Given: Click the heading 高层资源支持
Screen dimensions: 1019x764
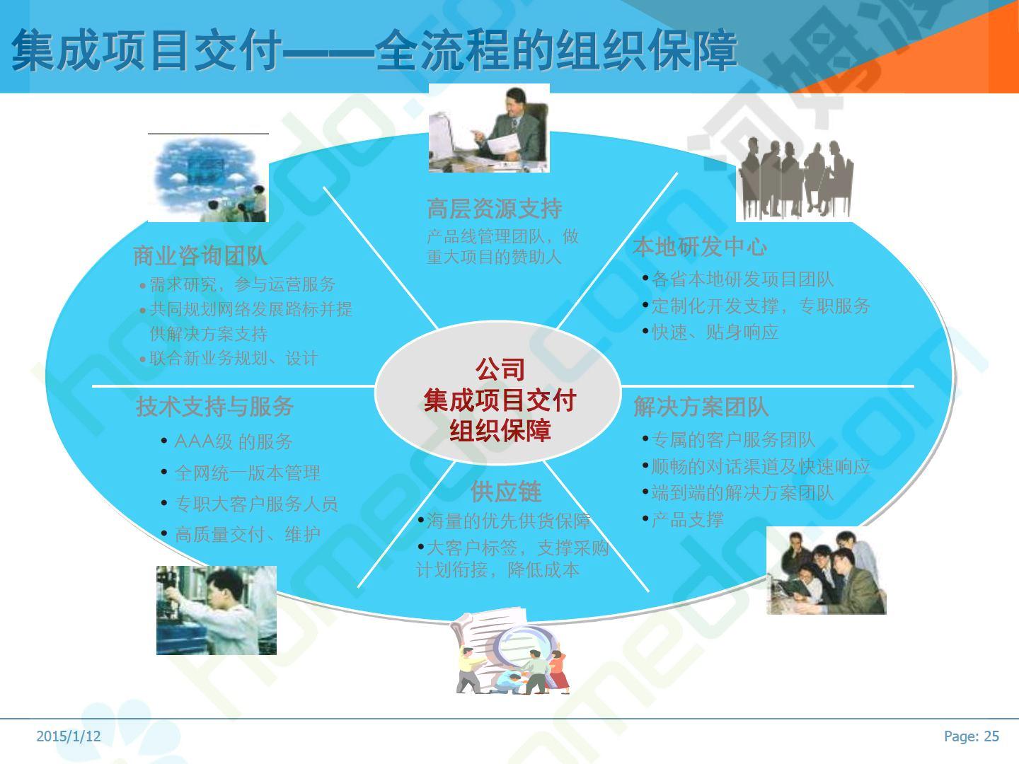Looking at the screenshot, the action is (495, 209).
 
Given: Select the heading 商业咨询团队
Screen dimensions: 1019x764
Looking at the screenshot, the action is (200, 255).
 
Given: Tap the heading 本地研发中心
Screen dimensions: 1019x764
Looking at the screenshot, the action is (700, 246).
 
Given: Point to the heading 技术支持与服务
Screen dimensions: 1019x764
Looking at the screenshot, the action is (214, 406).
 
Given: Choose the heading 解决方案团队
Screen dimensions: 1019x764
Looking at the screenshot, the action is (701, 407).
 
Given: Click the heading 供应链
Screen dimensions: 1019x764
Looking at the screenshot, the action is (506, 492).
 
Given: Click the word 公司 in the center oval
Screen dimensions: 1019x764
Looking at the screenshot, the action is (500, 370).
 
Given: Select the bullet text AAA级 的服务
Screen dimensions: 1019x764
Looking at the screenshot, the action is (233, 441).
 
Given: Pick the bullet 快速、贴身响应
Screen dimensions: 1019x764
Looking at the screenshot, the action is (715, 332).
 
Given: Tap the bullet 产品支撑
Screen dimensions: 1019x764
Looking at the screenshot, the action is (688, 519).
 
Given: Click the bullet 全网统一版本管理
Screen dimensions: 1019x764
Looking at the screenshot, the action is (248, 473).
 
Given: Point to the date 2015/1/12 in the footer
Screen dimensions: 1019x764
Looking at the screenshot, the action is (69, 736).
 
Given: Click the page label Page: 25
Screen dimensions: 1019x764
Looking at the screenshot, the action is (971, 736).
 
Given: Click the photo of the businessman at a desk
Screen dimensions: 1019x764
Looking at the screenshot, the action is (489, 129).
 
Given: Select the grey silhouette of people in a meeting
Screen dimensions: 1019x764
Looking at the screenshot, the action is (795, 178).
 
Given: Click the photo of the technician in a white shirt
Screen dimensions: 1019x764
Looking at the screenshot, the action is (217, 610).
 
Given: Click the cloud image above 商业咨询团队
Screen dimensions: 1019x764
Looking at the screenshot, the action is (208, 178).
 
